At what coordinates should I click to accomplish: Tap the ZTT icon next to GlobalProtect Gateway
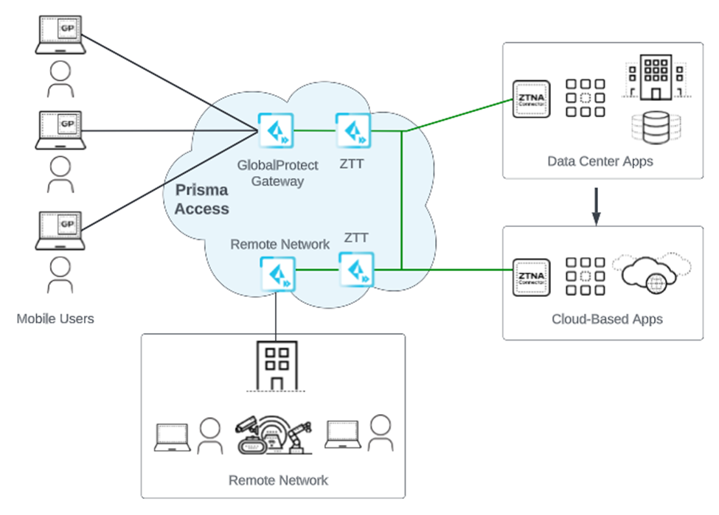click(x=352, y=130)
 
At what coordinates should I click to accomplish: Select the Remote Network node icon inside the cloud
click(x=277, y=273)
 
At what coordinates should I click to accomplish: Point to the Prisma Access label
click(x=201, y=200)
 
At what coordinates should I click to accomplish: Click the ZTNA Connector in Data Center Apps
click(x=531, y=98)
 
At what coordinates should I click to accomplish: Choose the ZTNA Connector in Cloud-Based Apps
click(x=531, y=278)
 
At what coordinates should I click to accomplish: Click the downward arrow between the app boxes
click(x=597, y=209)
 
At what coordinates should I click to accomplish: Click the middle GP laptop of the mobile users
click(x=61, y=130)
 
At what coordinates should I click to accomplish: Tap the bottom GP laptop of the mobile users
click(x=61, y=229)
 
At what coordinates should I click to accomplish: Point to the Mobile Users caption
click(x=56, y=319)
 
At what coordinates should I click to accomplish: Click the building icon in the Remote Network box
click(x=277, y=366)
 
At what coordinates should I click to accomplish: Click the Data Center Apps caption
click(x=600, y=161)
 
